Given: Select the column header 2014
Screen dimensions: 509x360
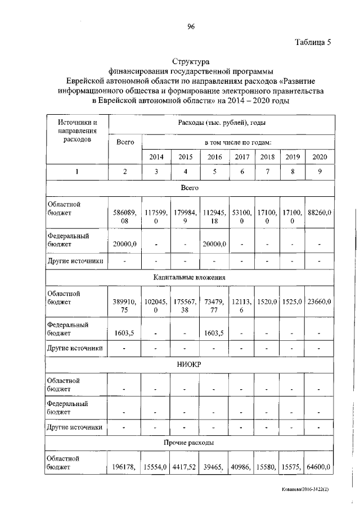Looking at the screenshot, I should pyautogui.click(x=157, y=157).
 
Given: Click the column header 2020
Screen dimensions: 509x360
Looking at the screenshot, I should pyautogui.click(x=319, y=157).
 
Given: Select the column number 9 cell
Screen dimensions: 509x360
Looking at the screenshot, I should pyautogui.click(x=319, y=172).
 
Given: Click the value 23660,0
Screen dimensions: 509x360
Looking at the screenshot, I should pyautogui.click(x=319, y=302).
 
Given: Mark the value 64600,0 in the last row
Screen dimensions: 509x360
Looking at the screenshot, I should pyautogui.click(x=319, y=467).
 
